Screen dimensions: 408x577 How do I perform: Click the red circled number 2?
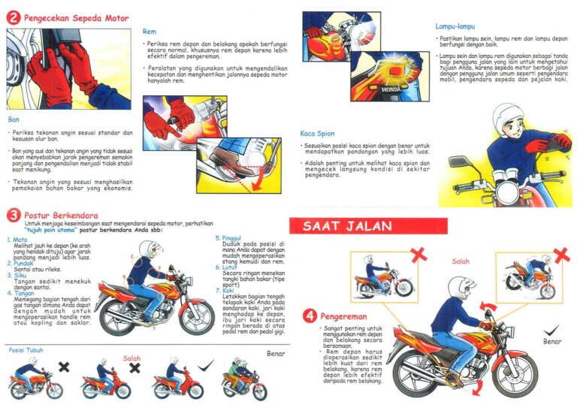coord(13,18)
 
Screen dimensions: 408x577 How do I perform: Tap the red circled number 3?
coord(13,216)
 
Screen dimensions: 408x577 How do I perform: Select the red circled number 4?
coord(309,316)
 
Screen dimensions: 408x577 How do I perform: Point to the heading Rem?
coord(149,32)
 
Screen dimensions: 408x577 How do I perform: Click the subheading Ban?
coord(13,119)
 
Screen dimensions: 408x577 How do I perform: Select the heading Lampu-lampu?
coord(458,26)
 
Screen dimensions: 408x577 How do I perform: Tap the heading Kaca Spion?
coord(317,133)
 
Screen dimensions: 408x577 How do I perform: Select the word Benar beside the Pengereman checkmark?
coord(552,341)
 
